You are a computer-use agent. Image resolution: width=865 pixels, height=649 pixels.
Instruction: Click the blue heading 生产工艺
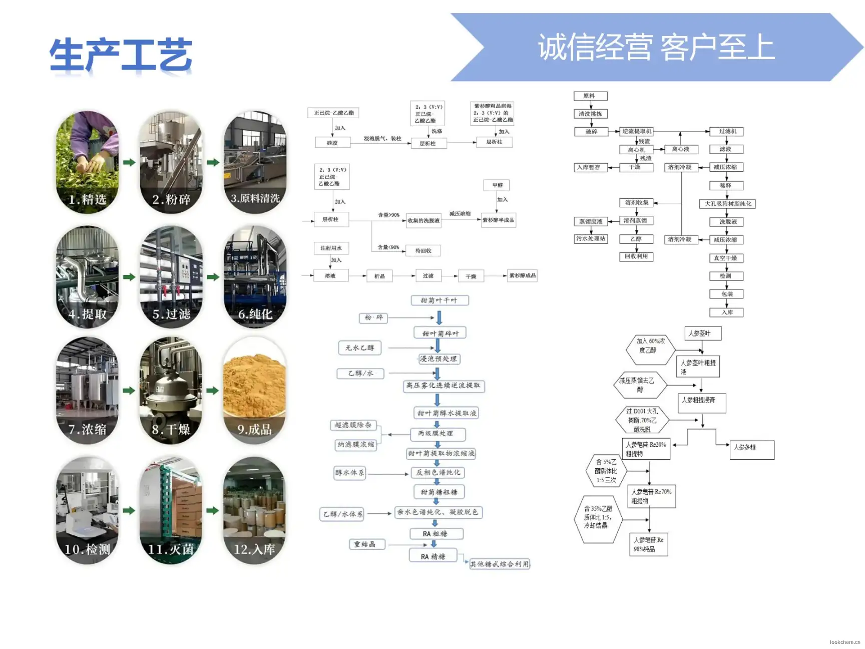pyautogui.click(x=121, y=55)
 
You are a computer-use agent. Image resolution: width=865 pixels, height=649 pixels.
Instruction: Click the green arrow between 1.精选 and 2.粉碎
pyautogui.click(x=129, y=162)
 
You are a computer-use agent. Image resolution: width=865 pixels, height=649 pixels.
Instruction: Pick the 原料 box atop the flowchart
pyautogui.click(x=590, y=96)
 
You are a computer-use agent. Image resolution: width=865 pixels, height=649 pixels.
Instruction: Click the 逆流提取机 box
pyautogui.click(x=636, y=131)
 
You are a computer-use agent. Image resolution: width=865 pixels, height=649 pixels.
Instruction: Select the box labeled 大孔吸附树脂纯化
pyautogui.click(x=727, y=204)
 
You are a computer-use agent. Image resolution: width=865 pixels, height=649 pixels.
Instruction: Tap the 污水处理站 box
pyautogui.click(x=591, y=239)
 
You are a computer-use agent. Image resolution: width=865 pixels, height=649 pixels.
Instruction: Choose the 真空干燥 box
pyautogui.click(x=726, y=258)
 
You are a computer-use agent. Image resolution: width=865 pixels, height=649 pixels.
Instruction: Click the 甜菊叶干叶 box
pyautogui.click(x=439, y=300)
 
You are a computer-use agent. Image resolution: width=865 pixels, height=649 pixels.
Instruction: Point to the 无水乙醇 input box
pyautogui.click(x=359, y=348)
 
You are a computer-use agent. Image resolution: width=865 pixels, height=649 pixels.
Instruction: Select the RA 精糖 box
pyautogui.click(x=433, y=556)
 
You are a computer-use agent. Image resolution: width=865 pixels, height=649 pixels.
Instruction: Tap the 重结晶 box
pyautogui.click(x=367, y=544)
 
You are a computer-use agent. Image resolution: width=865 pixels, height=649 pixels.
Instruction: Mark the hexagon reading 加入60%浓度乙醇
pyautogui.click(x=650, y=346)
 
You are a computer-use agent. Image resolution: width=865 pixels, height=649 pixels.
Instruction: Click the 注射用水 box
pyautogui.click(x=331, y=248)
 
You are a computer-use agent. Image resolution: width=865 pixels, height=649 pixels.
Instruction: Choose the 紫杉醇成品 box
pyautogui.click(x=522, y=275)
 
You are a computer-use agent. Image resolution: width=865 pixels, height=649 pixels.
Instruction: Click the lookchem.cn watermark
pyautogui.click(x=844, y=642)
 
